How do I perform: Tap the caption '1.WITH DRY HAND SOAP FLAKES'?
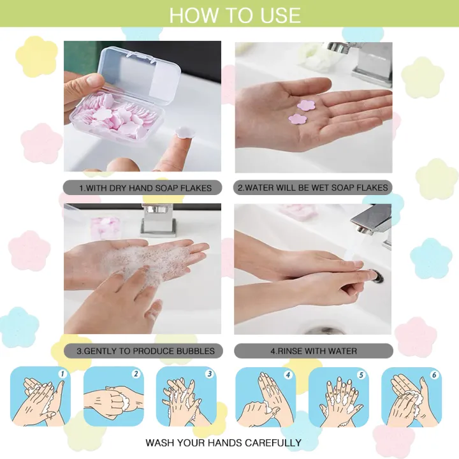tap(142, 188)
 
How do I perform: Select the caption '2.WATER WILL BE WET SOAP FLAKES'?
tap(313, 188)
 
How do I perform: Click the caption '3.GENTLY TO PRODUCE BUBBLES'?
tap(142, 351)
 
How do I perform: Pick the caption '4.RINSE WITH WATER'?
tap(313, 351)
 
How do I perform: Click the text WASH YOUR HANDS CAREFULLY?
tap(223, 442)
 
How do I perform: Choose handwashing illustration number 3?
tap(186, 396)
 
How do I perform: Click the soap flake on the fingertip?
tap(182, 131)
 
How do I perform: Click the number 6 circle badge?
tap(434, 375)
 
